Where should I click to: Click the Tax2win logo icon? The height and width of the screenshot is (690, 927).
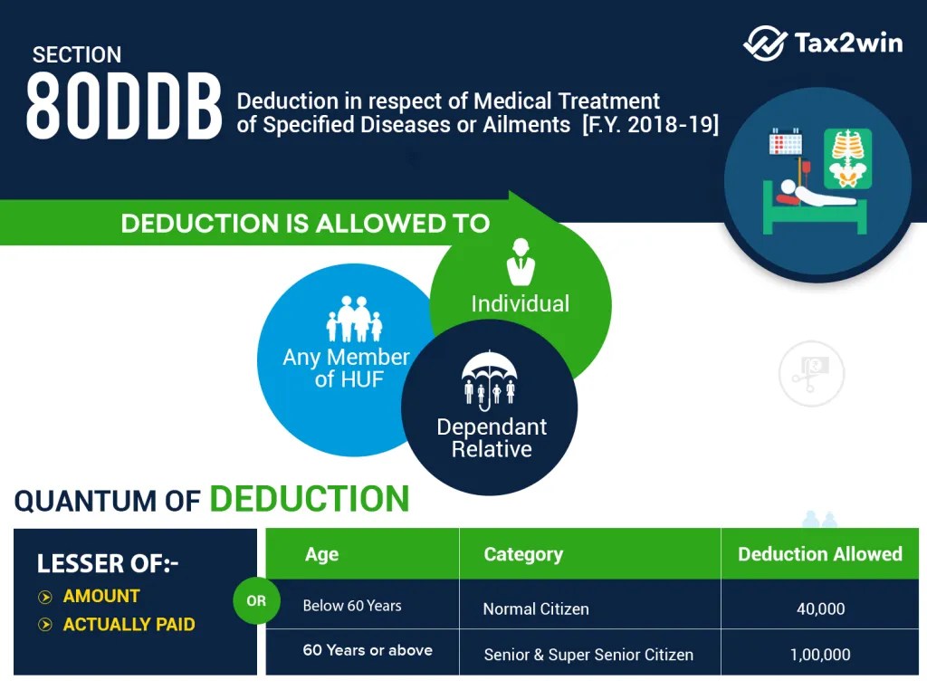click(765, 43)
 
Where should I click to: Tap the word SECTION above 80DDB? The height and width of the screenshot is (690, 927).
click(77, 55)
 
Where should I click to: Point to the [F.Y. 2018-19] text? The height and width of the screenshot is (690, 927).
click(651, 125)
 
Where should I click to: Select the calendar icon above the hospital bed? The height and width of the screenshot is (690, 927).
click(786, 145)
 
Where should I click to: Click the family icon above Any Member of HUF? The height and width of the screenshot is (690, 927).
click(353, 320)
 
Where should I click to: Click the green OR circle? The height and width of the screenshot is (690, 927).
click(256, 600)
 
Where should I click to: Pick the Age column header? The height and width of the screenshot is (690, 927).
click(321, 554)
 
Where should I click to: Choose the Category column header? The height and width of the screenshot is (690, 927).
click(523, 554)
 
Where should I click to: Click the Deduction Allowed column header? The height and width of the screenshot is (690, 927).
click(819, 554)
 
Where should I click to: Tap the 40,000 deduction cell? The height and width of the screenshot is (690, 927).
click(820, 609)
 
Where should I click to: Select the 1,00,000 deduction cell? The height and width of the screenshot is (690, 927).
click(820, 654)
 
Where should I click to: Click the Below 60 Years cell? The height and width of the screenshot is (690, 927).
click(352, 606)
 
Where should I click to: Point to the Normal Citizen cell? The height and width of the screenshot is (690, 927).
click(536, 609)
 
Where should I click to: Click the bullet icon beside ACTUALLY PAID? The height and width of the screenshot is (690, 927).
click(44, 625)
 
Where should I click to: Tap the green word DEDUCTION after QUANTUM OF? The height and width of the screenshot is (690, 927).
click(310, 499)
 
